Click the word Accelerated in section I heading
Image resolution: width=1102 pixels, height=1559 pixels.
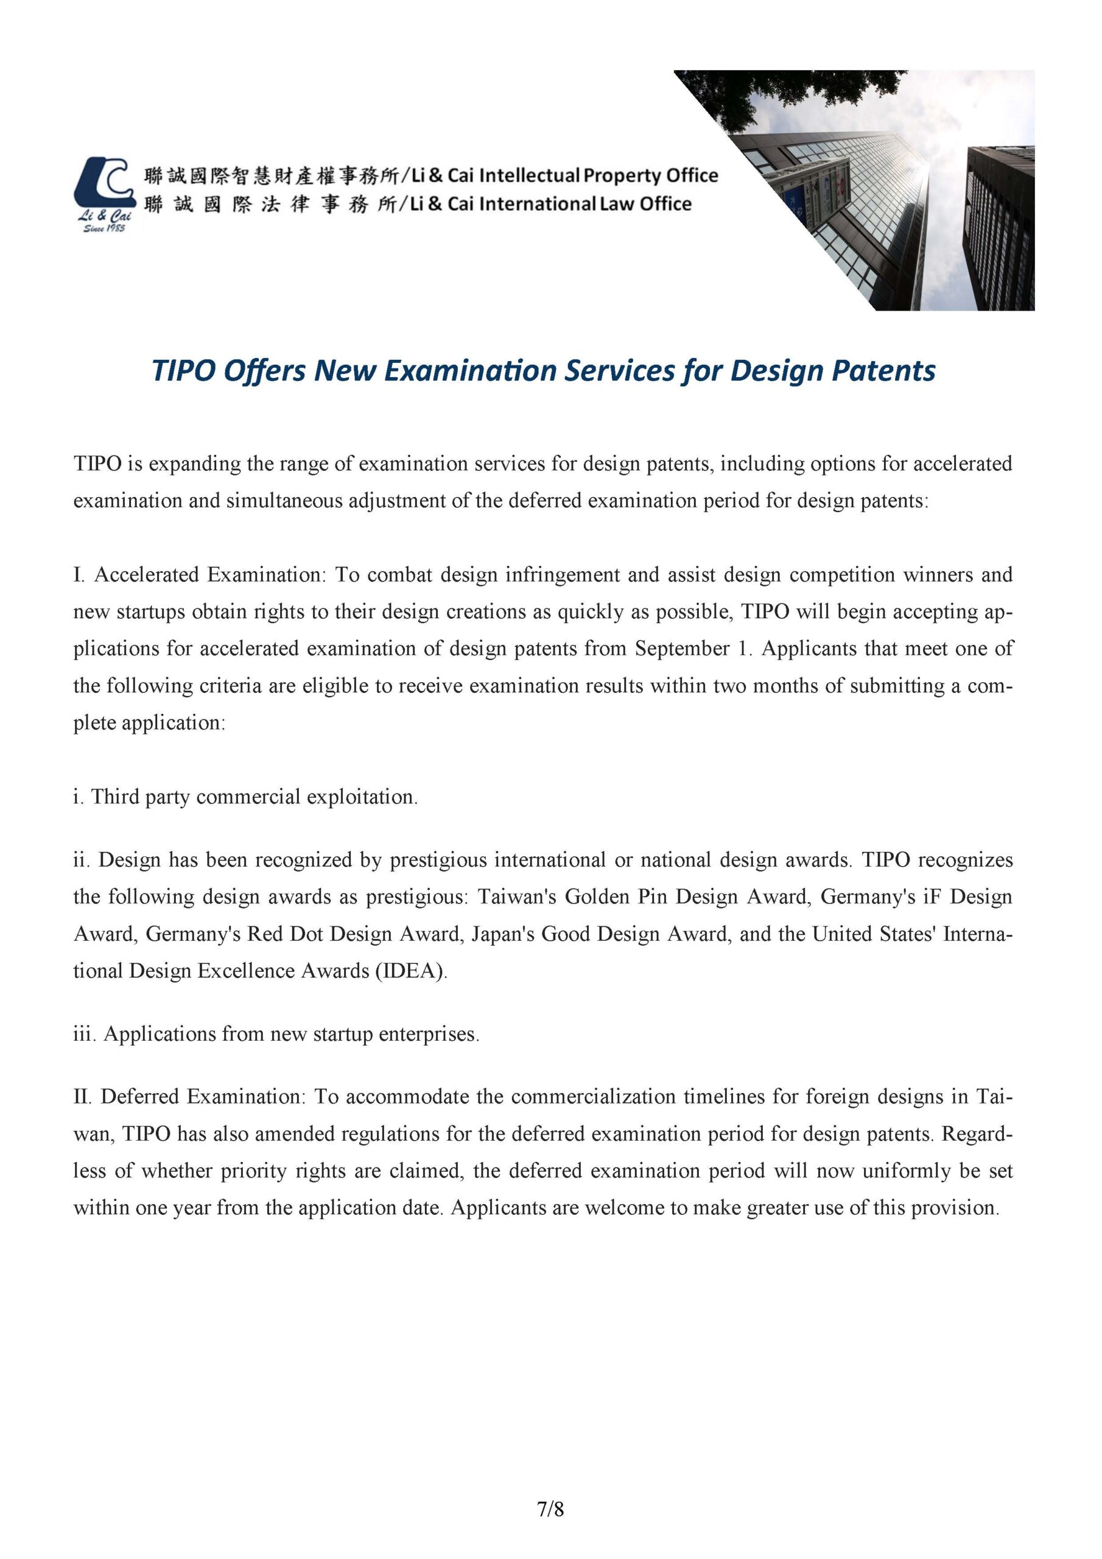click(148, 574)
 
